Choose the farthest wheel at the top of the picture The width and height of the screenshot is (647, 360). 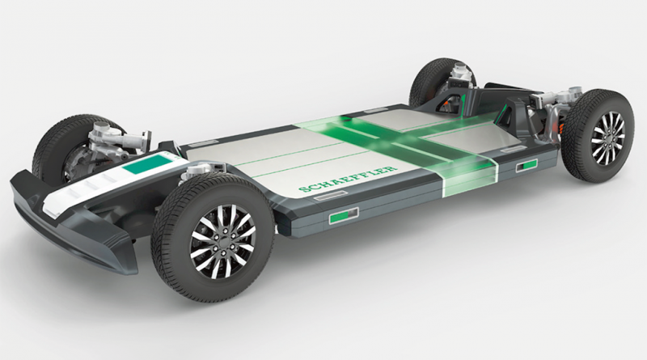(x=442, y=83)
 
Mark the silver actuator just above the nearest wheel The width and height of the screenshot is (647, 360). (x=202, y=171)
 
